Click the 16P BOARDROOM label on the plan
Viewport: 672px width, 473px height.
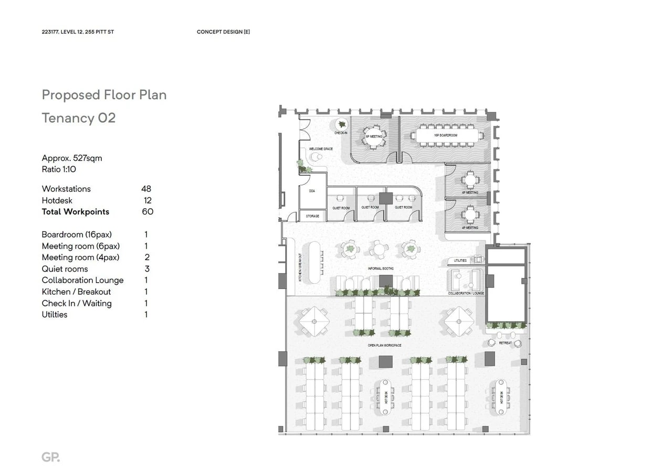(x=445, y=135)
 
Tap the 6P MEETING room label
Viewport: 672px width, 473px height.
(x=373, y=136)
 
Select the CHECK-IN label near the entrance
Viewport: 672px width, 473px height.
(x=341, y=133)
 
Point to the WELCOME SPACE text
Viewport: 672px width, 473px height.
(x=320, y=149)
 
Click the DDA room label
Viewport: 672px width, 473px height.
(x=312, y=191)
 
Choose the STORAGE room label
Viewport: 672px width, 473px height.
(x=312, y=216)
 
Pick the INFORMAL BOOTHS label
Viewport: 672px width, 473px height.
(x=381, y=268)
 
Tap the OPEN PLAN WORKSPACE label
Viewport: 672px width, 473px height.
(x=384, y=346)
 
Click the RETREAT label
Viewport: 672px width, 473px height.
(x=505, y=343)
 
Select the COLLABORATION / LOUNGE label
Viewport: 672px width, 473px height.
(x=466, y=294)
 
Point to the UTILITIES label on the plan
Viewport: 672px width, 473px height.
(x=460, y=261)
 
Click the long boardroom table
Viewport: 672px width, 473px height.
(x=445, y=135)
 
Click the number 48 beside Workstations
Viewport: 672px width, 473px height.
(x=146, y=189)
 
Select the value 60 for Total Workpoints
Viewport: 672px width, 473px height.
(x=148, y=212)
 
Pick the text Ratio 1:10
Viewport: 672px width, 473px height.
(x=59, y=169)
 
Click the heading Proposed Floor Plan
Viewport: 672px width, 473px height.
(x=104, y=95)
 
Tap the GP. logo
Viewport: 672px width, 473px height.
(x=50, y=457)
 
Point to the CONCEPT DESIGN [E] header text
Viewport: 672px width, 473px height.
(x=223, y=32)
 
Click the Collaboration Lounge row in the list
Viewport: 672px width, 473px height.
(x=82, y=281)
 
